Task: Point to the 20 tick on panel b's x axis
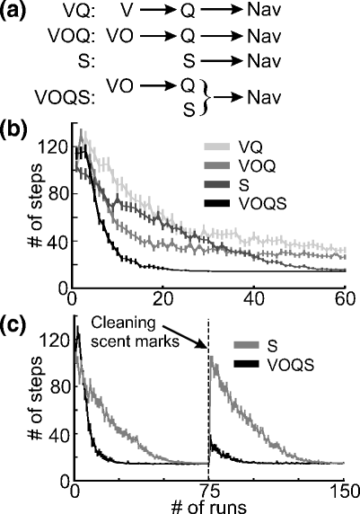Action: pos(162,297)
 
